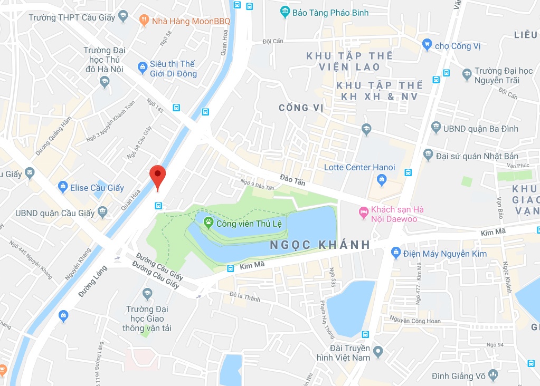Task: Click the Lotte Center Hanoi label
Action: point(359,167)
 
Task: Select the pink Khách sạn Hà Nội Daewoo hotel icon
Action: point(363,213)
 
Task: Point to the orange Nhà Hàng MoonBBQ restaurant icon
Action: point(144,21)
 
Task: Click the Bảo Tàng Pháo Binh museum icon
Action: point(285,11)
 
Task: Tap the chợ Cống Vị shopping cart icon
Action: point(427,45)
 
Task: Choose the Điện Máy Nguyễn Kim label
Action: point(442,254)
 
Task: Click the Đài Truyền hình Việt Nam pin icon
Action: point(377,351)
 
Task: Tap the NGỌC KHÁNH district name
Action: point(320,245)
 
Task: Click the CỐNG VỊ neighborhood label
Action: point(301,108)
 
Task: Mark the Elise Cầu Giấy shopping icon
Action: point(63,187)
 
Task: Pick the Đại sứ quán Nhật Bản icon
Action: point(428,155)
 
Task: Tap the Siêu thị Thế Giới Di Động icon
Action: point(142,67)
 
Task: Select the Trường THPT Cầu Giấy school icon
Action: point(124,16)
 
